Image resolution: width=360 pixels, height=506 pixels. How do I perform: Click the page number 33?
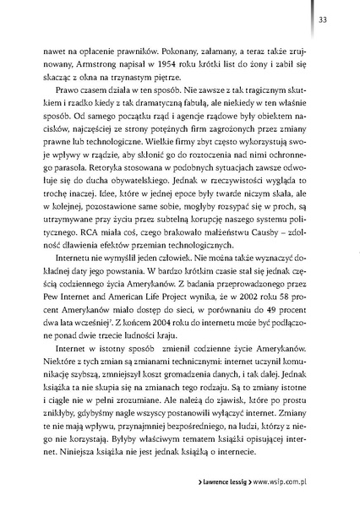335,20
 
